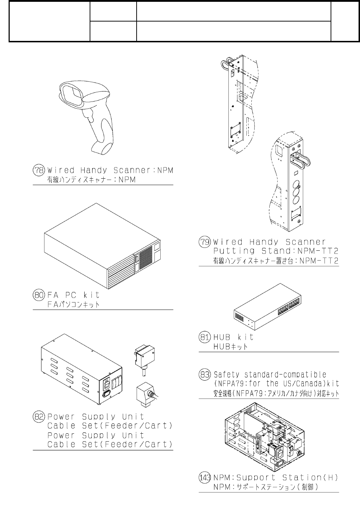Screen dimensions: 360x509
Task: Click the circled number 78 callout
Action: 38,170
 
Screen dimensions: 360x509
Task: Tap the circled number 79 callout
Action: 204,242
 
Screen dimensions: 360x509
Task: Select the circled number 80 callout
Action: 38,295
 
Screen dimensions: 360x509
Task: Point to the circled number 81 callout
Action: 204,337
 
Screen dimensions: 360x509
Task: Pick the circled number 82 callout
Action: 38,417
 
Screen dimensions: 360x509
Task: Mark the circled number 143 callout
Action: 204,478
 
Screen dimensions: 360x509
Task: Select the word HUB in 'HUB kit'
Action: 222,337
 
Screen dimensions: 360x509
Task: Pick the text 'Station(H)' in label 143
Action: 310,478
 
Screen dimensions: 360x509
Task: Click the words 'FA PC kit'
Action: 73,295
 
